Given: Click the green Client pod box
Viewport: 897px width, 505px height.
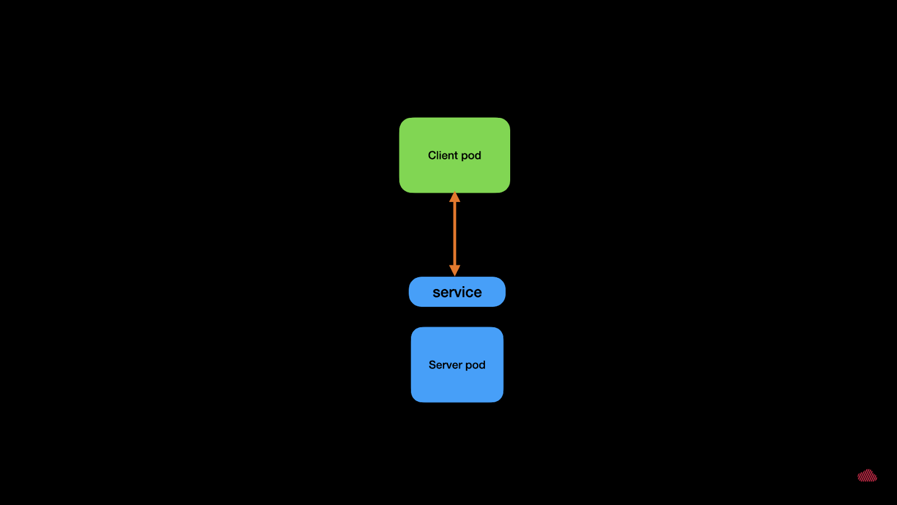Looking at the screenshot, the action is tap(455, 155).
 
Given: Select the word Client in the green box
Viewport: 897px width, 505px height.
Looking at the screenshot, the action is tap(443, 155).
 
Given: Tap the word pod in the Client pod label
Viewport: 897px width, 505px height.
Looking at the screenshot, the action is tap(471, 156).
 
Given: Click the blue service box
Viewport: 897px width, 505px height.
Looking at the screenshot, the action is tap(457, 292).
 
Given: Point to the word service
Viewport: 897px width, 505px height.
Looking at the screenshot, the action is tap(457, 292).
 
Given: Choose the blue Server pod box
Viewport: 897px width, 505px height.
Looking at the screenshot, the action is tap(457, 365).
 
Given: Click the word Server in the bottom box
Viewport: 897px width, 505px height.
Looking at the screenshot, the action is tap(445, 365).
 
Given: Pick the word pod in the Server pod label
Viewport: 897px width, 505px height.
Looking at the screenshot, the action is tap(475, 365).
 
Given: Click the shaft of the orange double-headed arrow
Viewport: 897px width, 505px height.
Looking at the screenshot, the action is tap(455, 234).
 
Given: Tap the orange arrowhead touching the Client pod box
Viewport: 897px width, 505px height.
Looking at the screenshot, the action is tap(455, 197).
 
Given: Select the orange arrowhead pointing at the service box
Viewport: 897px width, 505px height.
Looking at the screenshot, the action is tap(455, 270).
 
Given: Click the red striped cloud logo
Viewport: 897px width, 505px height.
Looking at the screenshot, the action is tap(867, 475).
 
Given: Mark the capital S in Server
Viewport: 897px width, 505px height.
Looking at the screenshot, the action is tap(432, 365).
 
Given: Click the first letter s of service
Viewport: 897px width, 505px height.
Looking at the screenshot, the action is tap(436, 293).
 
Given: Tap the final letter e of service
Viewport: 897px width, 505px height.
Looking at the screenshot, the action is tap(478, 293).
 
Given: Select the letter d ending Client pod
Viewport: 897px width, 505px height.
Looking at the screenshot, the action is tap(478, 155).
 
